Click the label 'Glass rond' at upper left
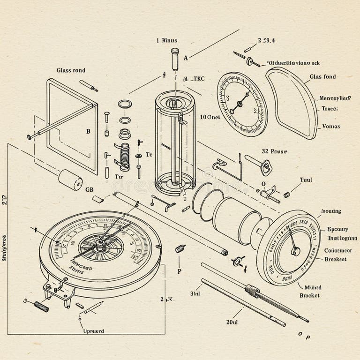point(71,70)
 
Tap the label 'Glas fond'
point(322,77)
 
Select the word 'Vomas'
point(331,127)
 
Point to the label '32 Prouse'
point(274,152)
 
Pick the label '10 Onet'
point(210,117)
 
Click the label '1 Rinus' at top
point(166,41)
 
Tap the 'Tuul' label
point(306,180)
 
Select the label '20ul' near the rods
point(233,322)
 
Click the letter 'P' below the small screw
point(179,271)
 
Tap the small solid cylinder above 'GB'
point(70,179)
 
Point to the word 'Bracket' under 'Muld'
point(309,295)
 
